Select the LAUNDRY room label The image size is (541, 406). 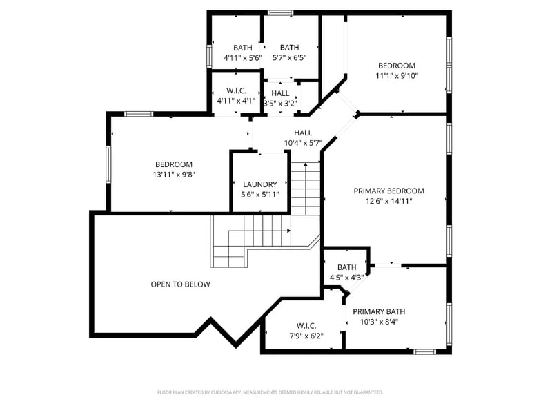pos(259,184)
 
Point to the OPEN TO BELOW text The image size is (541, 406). pos(180,284)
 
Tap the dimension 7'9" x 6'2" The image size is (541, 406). pos(306,336)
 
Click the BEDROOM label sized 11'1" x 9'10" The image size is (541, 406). pos(396,66)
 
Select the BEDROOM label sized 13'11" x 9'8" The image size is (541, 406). pos(173,164)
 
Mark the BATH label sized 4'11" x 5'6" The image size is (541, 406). pos(242,48)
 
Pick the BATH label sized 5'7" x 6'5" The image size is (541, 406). pos(289,48)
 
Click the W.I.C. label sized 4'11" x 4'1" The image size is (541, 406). pos(236,90)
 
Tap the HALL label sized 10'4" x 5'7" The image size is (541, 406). pos(303,133)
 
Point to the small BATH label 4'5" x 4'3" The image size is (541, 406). pos(346,267)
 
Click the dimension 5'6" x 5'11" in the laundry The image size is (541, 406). pos(259,195)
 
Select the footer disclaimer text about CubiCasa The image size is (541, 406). pos(270,391)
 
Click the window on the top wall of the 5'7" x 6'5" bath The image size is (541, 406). pos(279,12)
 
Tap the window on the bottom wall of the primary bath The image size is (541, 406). pos(424,351)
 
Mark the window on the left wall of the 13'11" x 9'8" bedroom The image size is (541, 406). pos(108,164)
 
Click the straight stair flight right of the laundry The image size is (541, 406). pos(305,188)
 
